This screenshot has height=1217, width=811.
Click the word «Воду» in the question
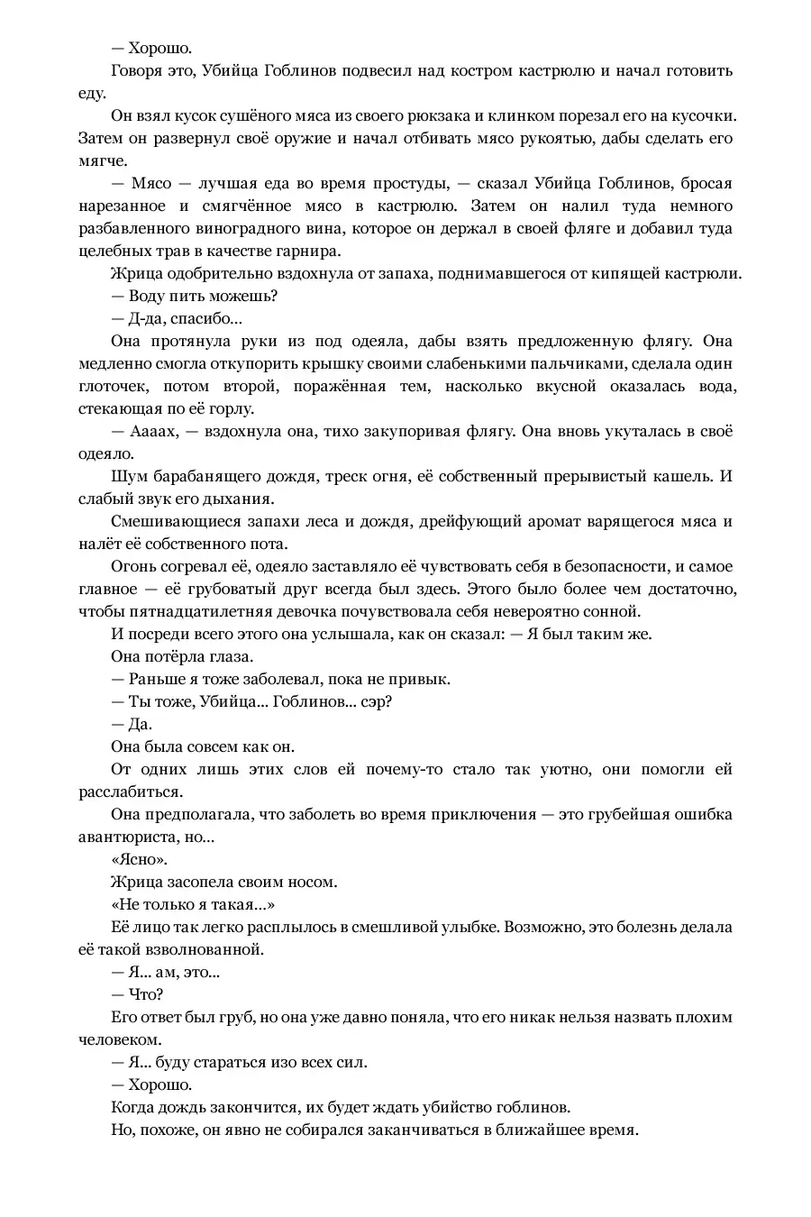coord(147,296)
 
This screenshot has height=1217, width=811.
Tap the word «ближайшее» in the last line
coord(541,1130)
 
